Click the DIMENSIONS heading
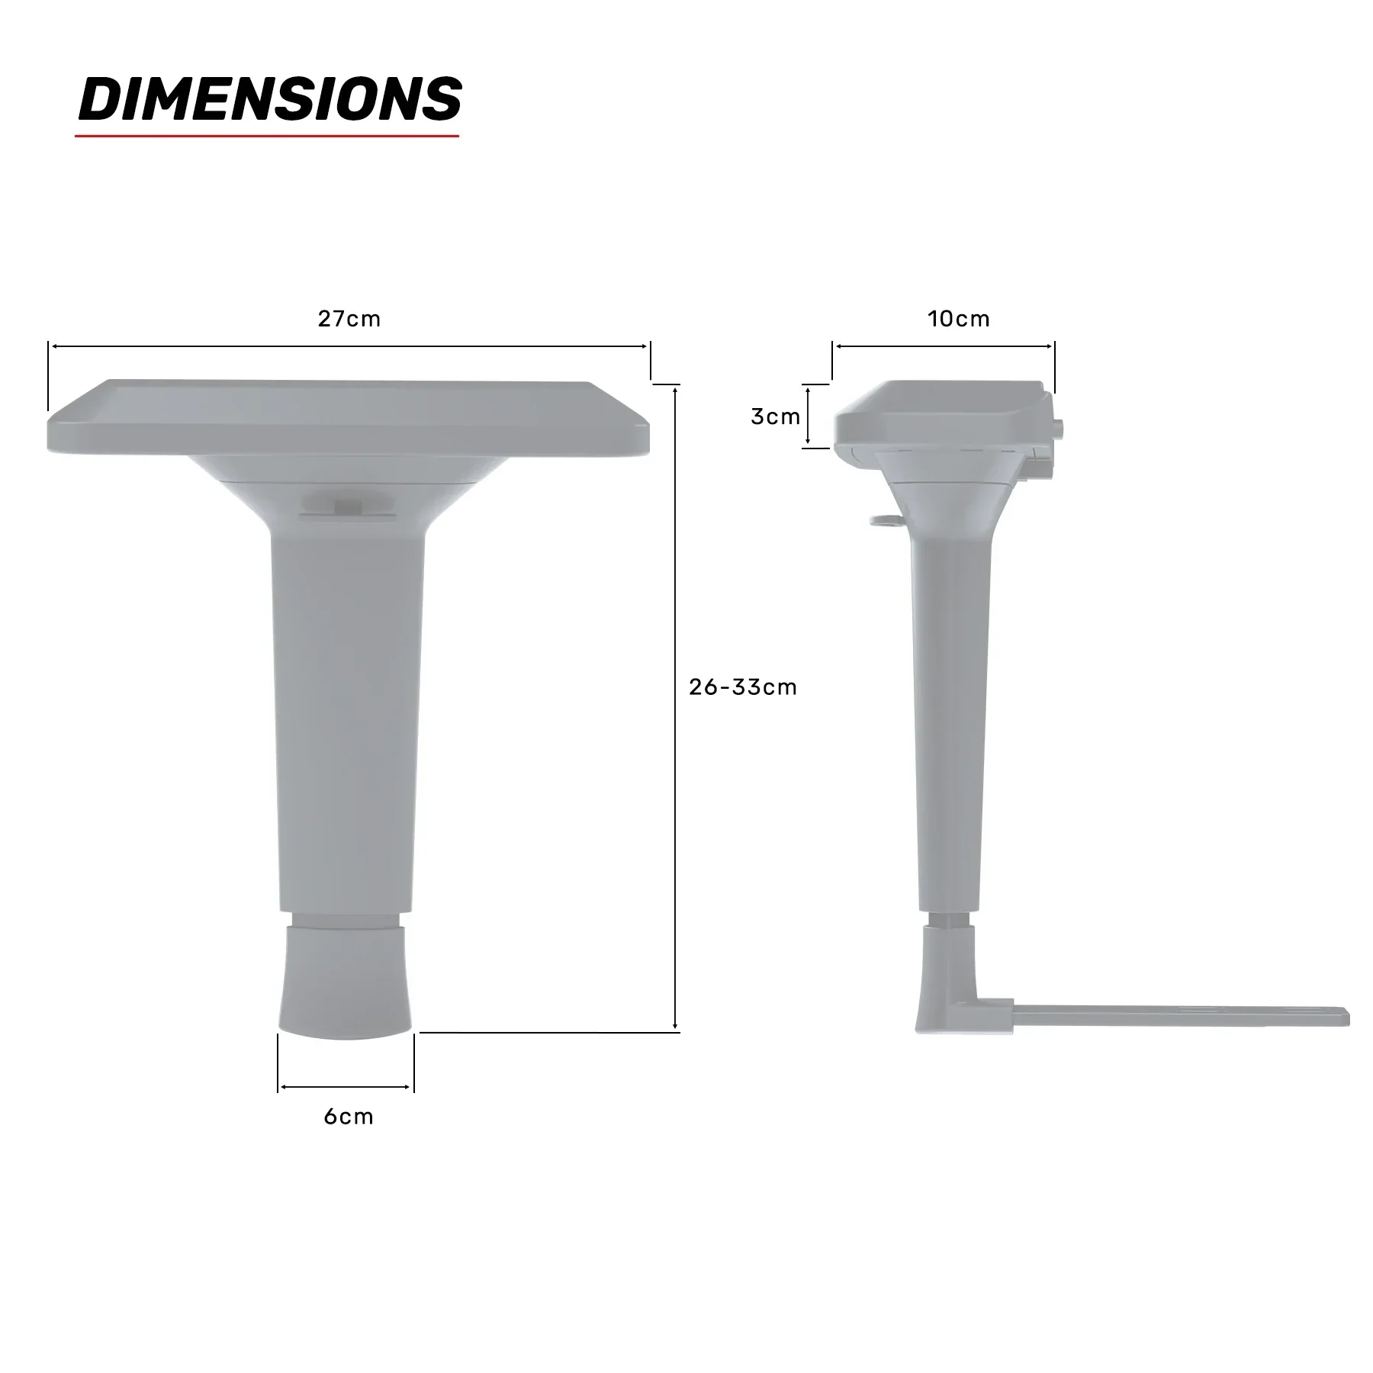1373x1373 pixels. (x=270, y=99)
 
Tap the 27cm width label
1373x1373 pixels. (x=349, y=318)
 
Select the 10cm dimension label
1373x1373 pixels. (x=959, y=318)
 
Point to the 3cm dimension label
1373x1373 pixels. (x=775, y=416)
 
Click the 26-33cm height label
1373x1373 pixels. (x=742, y=686)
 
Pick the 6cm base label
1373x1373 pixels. (x=349, y=1117)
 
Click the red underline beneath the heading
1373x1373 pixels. (x=267, y=136)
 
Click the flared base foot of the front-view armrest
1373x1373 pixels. (x=346, y=984)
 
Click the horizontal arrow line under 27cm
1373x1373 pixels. (x=349, y=346)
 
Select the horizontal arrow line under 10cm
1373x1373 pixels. (x=944, y=346)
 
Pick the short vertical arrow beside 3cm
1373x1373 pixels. (x=808, y=416)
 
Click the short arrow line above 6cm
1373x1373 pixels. (x=346, y=1087)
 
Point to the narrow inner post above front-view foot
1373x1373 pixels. (x=346, y=919)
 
